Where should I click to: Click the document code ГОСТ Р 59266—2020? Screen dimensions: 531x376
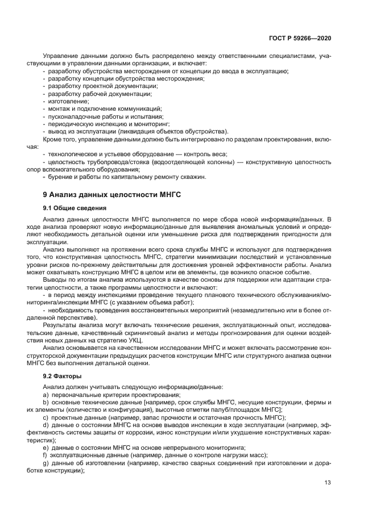pos(300,38)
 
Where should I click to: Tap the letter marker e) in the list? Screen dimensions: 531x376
pos(46,447)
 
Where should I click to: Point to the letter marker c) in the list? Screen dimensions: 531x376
pos(46,417)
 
